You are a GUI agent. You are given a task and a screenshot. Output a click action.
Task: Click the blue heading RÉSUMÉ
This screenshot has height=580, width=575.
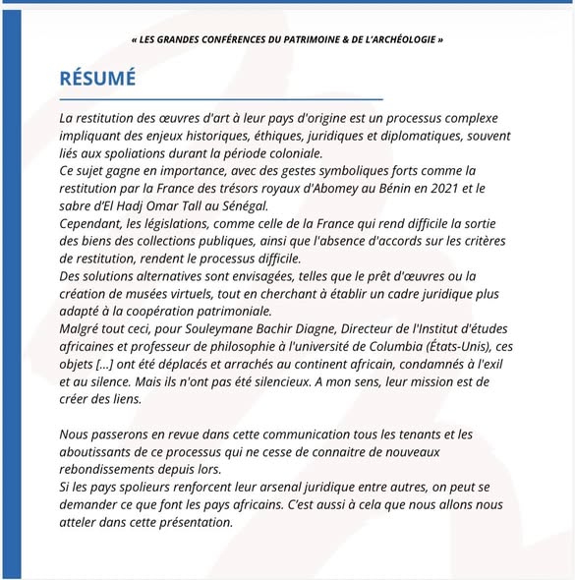pyautogui.click(x=97, y=78)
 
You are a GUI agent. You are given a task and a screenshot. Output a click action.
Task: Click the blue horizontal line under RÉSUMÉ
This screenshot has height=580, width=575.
pyautogui.click(x=220, y=99)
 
